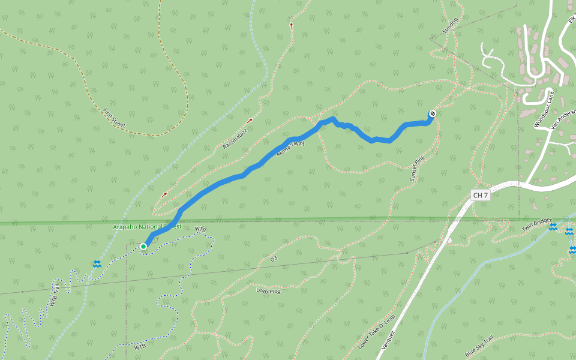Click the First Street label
tap(114, 119)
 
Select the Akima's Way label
tap(290, 149)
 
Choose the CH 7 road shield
tap(481, 196)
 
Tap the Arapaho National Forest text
tap(146, 227)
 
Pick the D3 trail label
tap(274, 259)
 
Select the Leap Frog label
tap(268, 290)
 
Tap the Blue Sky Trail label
tap(479, 346)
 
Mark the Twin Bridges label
tap(536, 225)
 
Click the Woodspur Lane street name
tap(544, 109)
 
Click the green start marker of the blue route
tap(143, 247)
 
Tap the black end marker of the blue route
tap(431, 114)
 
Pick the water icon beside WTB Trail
tap(97, 264)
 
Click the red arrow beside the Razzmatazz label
tap(250, 121)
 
